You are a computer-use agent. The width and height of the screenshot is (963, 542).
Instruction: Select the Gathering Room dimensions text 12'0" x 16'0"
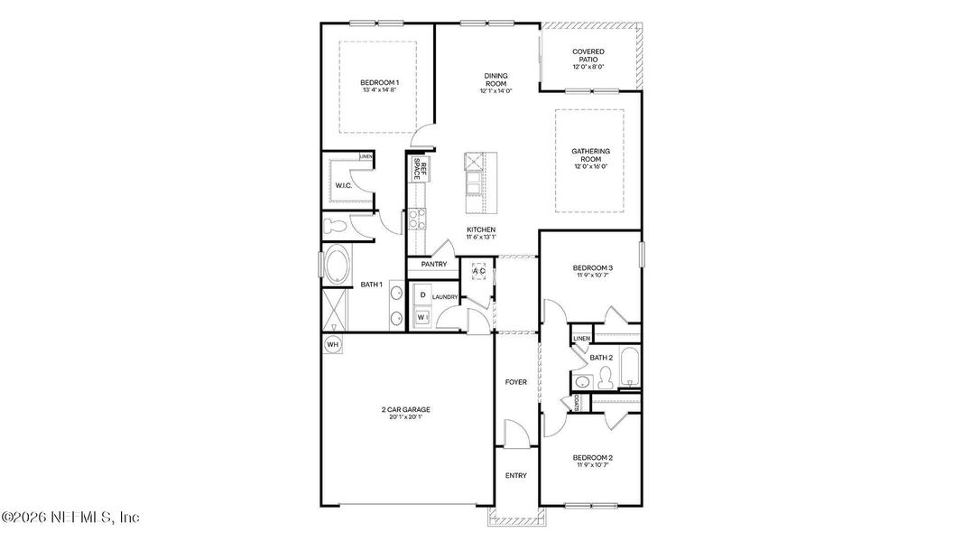(590, 166)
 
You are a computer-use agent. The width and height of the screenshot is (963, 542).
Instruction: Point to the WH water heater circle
(332, 344)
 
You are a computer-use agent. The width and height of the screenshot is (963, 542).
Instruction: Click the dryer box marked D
(421, 295)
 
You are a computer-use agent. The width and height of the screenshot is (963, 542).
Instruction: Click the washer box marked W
(421, 316)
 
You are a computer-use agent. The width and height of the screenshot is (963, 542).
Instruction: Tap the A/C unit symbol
(478, 271)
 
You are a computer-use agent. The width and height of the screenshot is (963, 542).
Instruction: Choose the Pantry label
(433, 264)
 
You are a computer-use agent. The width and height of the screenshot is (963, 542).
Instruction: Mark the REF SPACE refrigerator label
(418, 169)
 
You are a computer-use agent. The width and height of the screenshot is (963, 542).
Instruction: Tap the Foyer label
(515, 382)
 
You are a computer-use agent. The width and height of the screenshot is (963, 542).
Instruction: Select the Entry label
(515, 476)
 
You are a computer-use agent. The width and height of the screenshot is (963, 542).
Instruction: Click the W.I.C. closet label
(343, 186)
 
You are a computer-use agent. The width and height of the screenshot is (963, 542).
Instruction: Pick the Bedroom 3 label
(593, 267)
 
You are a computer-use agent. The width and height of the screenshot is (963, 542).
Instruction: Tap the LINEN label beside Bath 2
(581, 339)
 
